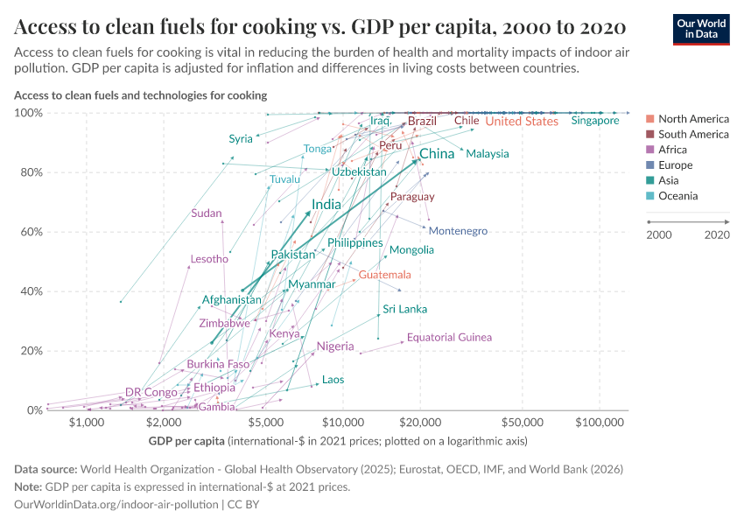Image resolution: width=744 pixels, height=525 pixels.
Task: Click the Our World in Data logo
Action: click(x=700, y=28)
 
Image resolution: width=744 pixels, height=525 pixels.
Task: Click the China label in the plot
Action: click(x=437, y=154)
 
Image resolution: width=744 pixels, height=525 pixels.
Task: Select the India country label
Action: click(x=326, y=204)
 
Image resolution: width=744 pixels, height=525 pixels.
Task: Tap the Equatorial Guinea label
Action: click(x=449, y=337)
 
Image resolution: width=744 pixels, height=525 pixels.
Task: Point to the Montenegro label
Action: click(x=458, y=231)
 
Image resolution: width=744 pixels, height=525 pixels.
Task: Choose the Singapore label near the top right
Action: click(x=595, y=121)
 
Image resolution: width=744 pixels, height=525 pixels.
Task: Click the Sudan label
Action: click(x=207, y=213)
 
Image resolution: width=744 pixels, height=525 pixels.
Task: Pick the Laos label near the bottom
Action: click(x=333, y=380)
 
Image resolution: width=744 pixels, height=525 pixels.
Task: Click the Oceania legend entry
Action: click(x=677, y=196)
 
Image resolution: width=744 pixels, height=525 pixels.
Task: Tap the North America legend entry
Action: click(x=692, y=119)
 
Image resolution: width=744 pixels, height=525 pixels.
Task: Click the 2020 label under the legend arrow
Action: click(x=717, y=234)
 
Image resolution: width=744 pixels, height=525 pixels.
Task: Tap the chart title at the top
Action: click(x=319, y=26)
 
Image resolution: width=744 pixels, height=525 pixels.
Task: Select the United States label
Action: click(x=522, y=122)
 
